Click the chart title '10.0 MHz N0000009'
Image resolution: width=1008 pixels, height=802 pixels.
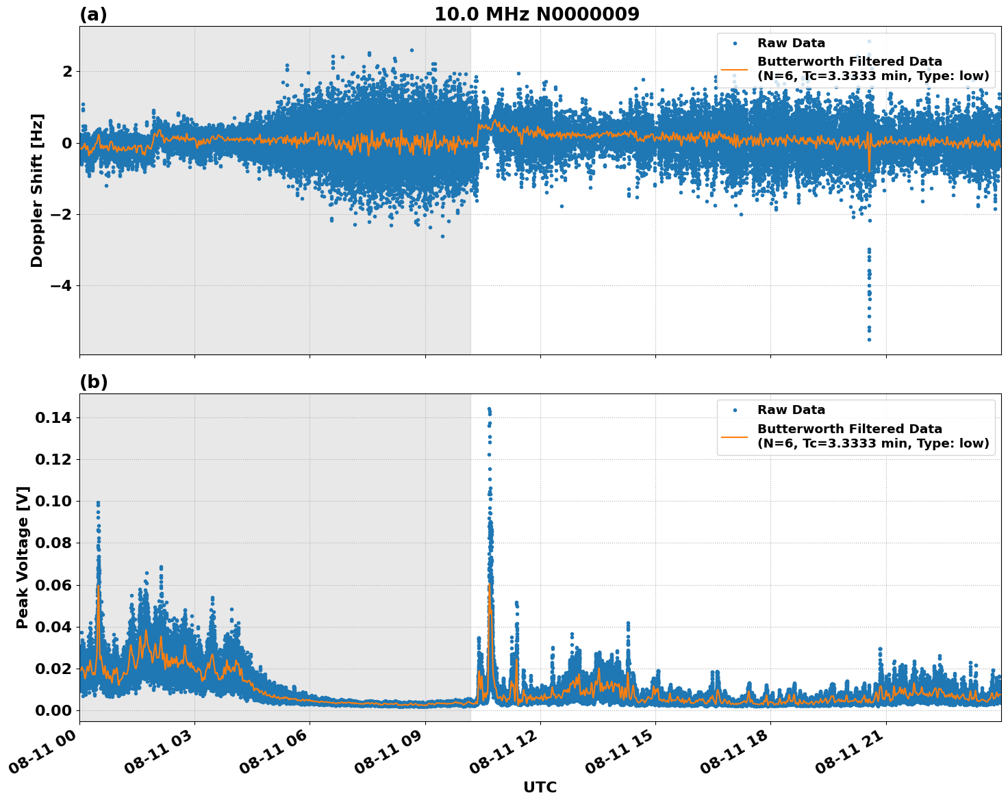click(537, 14)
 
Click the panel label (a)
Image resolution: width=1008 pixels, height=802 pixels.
click(93, 14)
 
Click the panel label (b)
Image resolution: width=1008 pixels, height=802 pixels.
click(93, 382)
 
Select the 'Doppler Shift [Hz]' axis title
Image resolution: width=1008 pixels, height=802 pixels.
click(37, 190)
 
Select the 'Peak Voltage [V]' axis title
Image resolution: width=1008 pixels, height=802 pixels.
click(23, 557)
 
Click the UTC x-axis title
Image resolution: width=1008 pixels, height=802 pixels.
click(540, 787)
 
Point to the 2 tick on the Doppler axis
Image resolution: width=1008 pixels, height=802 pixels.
click(67, 72)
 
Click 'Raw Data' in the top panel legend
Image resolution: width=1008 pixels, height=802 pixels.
click(791, 44)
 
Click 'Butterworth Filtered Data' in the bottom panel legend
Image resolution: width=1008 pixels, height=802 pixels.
click(849, 429)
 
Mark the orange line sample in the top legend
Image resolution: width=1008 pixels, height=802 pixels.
click(734, 69)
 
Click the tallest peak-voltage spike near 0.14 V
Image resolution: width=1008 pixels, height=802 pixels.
click(489, 409)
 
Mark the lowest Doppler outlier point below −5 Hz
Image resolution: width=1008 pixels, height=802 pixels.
click(869, 339)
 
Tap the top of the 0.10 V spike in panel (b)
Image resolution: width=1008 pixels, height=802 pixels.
click(98, 503)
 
